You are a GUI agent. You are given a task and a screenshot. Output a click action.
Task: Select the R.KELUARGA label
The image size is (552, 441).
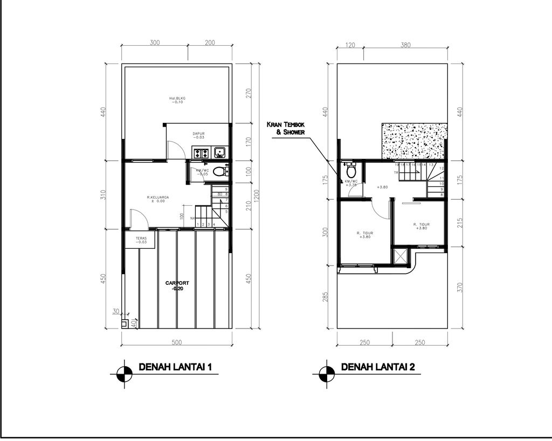[x=158, y=199]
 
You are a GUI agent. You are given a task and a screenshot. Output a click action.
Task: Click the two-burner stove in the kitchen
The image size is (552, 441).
[x=202, y=153]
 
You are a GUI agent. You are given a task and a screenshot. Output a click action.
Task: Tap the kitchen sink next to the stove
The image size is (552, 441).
[x=220, y=153]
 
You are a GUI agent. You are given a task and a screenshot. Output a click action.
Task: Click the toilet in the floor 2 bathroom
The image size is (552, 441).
[x=351, y=171]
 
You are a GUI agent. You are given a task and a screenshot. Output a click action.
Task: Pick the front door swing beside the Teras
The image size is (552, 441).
[x=137, y=219]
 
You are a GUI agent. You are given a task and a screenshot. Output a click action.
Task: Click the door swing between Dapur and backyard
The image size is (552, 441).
[x=175, y=149]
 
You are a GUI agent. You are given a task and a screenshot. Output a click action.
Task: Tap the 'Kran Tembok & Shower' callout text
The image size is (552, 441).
[x=286, y=128]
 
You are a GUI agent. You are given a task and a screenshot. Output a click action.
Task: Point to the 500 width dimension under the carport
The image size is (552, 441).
[x=176, y=342]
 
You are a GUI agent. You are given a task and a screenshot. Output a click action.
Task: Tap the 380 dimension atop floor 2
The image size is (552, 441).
[x=405, y=45]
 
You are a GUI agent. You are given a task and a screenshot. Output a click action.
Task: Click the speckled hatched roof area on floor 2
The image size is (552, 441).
[x=414, y=141]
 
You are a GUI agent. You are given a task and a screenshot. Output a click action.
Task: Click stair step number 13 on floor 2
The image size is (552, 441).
[x=431, y=165]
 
